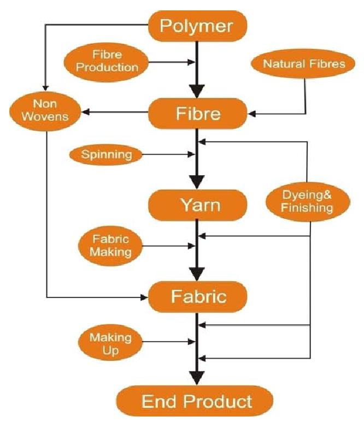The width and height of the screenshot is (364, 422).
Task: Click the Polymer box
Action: (x=197, y=26)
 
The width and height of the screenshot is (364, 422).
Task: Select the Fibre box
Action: (x=197, y=114)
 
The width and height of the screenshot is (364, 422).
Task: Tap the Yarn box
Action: (x=197, y=205)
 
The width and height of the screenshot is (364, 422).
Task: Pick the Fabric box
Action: (x=197, y=296)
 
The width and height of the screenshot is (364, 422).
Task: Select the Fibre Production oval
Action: (x=107, y=62)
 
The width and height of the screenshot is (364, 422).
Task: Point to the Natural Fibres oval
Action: (x=304, y=64)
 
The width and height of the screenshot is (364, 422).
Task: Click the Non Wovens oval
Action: (x=46, y=110)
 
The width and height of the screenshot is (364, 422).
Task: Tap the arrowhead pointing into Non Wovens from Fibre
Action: (x=85, y=113)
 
